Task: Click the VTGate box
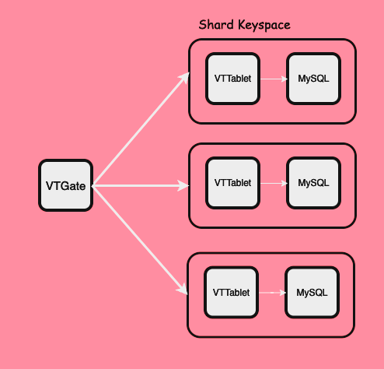point(66,185)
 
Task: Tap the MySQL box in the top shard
point(313,79)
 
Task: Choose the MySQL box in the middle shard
point(313,183)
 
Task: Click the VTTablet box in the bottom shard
point(232,292)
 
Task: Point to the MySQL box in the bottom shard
point(312,292)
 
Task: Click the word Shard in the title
point(215,25)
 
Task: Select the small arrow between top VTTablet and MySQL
point(273,79)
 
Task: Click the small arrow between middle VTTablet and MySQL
point(273,183)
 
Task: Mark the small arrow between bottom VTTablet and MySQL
point(271,292)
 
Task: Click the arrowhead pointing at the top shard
point(184,77)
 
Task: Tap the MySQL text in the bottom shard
point(312,292)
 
